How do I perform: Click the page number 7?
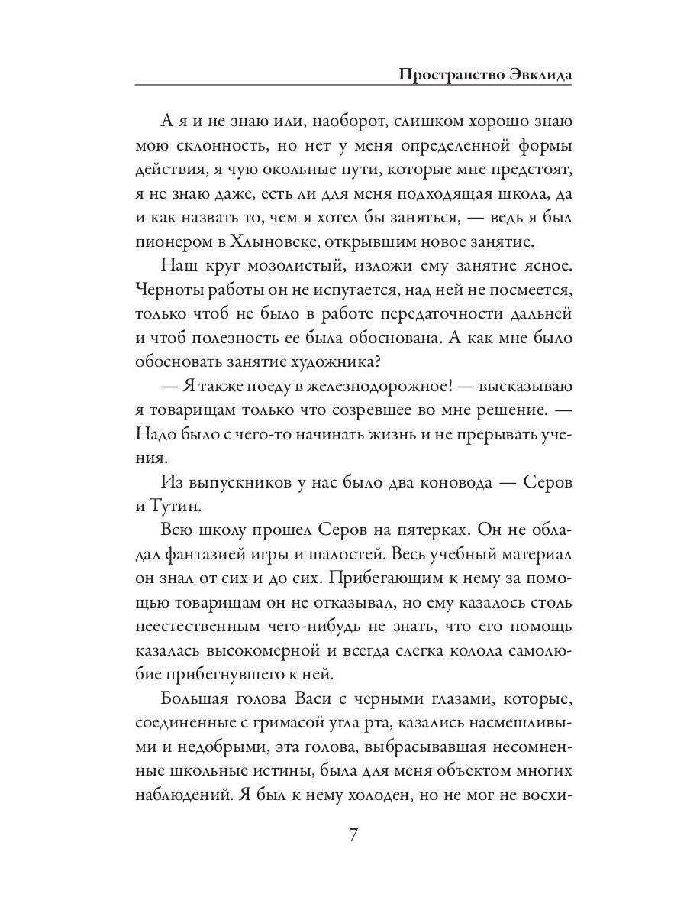(353, 834)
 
